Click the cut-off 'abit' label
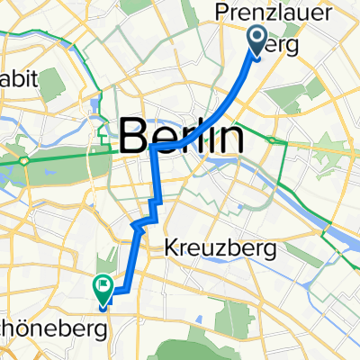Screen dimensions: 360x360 19,80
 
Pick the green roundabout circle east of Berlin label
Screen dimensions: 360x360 270,138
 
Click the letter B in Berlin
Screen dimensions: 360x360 132,139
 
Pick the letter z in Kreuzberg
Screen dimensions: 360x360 210,246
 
